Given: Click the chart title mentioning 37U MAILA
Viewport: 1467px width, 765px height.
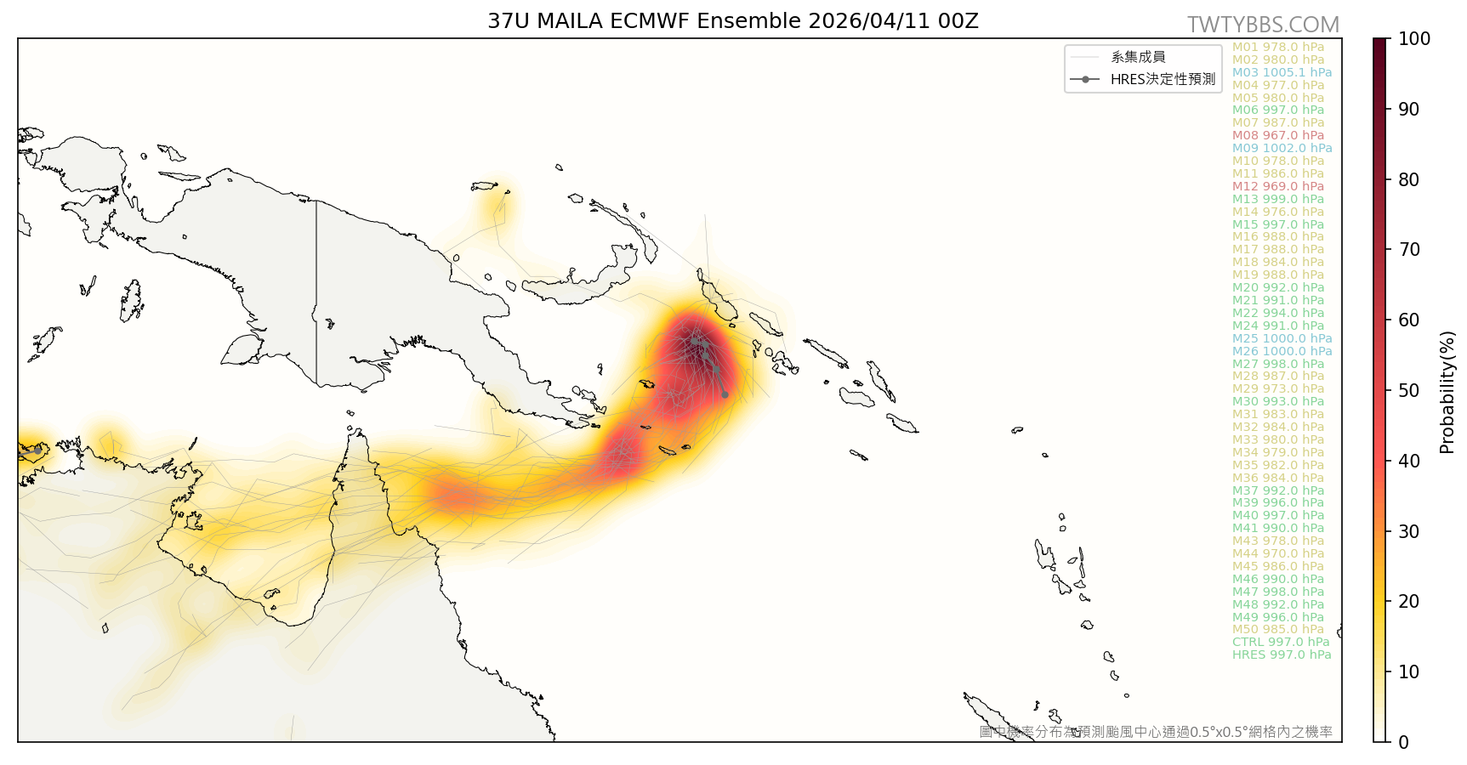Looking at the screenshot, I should [x=732, y=21].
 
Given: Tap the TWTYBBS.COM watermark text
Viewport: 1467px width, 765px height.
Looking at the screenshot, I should [x=1263, y=25].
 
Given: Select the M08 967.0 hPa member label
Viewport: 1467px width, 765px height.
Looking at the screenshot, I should [x=1277, y=135].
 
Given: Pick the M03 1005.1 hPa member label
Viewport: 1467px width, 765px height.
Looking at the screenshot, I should [x=1282, y=72].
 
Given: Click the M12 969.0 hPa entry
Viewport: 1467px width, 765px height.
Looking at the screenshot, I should [x=1277, y=186].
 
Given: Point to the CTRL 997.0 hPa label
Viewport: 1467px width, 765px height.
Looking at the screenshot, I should [x=1280, y=642].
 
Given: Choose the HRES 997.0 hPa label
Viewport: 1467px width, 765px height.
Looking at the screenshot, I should [x=1281, y=654].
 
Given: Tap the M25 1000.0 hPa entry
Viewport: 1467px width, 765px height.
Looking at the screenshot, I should [x=1282, y=338].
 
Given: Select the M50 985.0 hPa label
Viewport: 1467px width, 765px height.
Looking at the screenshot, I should [x=1277, y=629].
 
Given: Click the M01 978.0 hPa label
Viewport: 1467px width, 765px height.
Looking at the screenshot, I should [x=1277, y=47].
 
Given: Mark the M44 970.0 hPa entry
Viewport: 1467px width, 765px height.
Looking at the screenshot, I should [x=1277, y=553].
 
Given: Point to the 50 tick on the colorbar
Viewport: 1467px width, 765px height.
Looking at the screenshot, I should [x=1409, y=390].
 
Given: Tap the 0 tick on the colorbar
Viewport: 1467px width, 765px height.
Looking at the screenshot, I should [x=1403, y=742].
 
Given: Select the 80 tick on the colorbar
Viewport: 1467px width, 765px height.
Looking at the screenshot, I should [x=1409, y=179].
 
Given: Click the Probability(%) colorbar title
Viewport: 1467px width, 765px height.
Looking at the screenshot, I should [x=1447, y=392].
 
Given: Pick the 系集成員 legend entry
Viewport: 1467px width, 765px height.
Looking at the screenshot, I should [x=1138, y=57].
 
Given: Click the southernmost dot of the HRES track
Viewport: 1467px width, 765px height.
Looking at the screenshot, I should [x=725, y=394].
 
